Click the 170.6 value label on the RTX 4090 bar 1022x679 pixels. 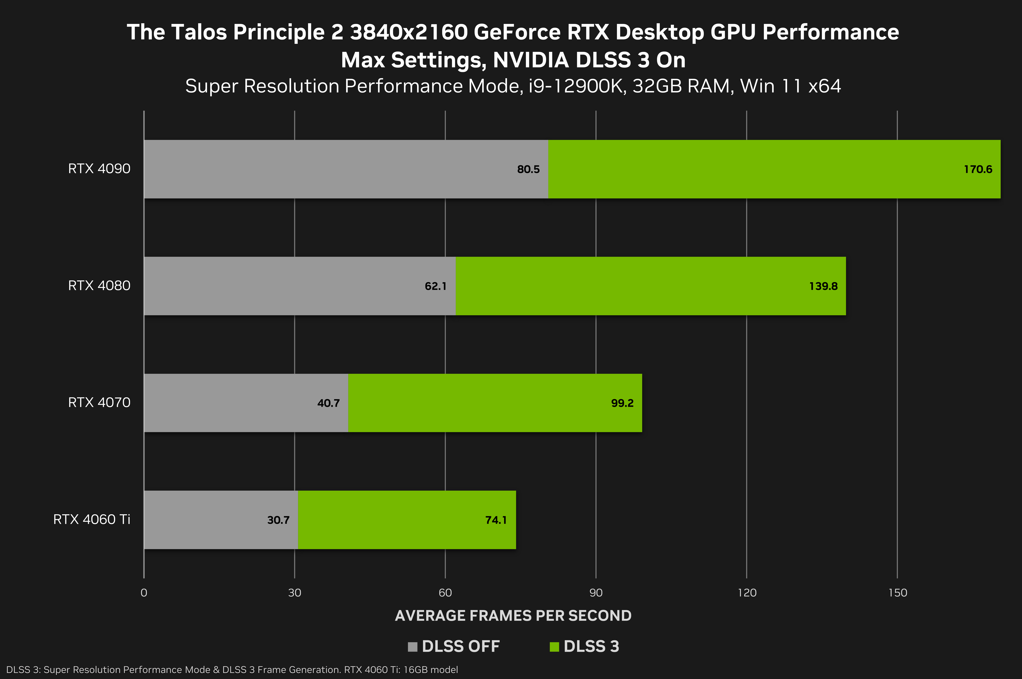click(978, 169)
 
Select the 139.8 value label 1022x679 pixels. click(823, 286)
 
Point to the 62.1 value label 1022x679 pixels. click(435, 286)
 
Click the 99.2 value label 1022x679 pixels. click(622, 403)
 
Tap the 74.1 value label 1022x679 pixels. click(496, 520)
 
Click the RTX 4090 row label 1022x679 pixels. click(99, 168)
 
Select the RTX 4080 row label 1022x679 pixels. click(99, 285)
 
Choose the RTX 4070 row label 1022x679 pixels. click(99, 402)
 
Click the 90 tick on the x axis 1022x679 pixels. click(596, 593)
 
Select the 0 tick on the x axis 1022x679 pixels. click(144, 593)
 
